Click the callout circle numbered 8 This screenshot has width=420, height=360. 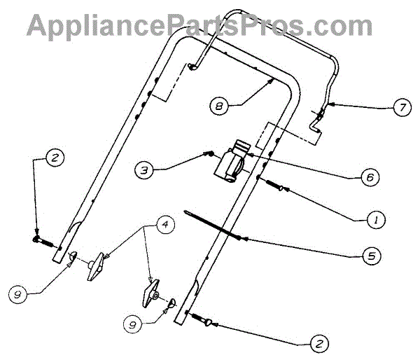(x=220, y=106)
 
